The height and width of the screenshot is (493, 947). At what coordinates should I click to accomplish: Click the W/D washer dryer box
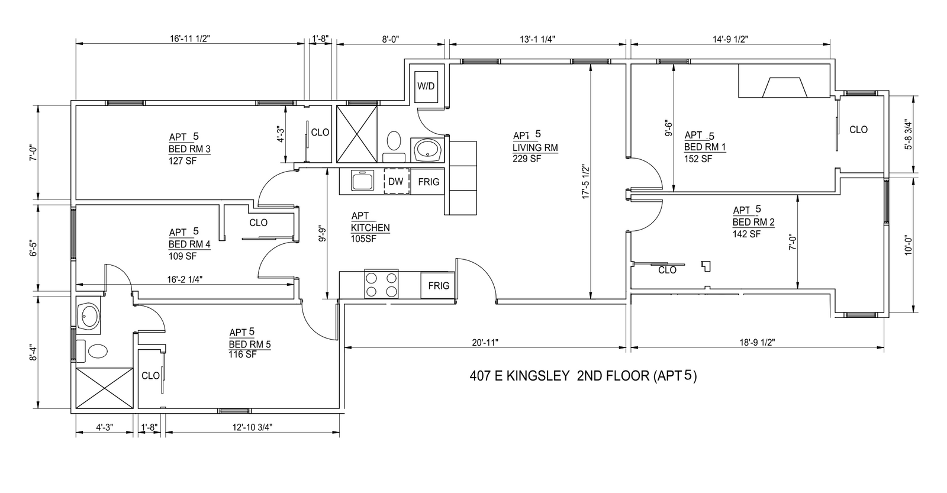click(426, 86)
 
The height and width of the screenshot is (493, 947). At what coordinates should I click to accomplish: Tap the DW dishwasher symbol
click(397, 181)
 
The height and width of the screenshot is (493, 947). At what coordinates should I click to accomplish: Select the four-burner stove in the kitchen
click(381, 284)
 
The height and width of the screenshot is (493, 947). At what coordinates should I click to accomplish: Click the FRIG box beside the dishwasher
click(428, 182)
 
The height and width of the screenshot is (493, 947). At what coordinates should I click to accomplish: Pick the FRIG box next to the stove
click(438, 285)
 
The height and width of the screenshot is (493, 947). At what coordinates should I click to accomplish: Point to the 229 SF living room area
click(527, 159)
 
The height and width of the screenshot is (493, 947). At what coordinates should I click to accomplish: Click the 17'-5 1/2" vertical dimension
click(585, 182)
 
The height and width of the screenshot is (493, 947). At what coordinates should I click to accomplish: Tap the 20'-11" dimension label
click(485, 342)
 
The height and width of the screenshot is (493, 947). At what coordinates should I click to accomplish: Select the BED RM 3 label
click(189, 149)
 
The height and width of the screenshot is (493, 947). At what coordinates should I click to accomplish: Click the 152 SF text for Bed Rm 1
click(698, 159)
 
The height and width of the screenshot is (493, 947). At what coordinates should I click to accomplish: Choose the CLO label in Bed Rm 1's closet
click(858, 130)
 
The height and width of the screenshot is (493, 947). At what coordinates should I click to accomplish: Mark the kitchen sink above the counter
click(362, 181)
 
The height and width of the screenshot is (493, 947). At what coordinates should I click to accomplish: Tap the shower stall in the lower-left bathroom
click(104, 389)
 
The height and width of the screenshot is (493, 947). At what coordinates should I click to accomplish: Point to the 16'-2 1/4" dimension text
click(185, 279)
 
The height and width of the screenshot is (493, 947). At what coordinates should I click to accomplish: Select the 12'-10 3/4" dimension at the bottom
click(252, 427)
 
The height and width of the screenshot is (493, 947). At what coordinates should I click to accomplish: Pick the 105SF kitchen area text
click(363, 239)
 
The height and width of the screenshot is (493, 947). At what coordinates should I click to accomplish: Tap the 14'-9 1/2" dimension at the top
click(730, 39)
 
